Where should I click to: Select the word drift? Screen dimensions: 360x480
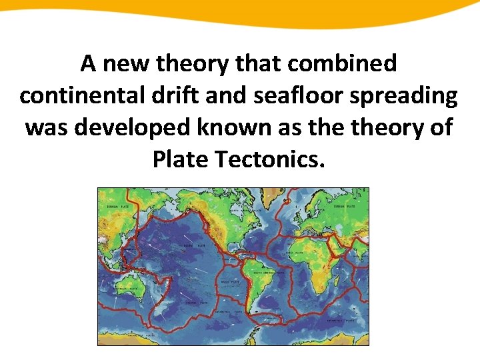coord(170,96)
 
